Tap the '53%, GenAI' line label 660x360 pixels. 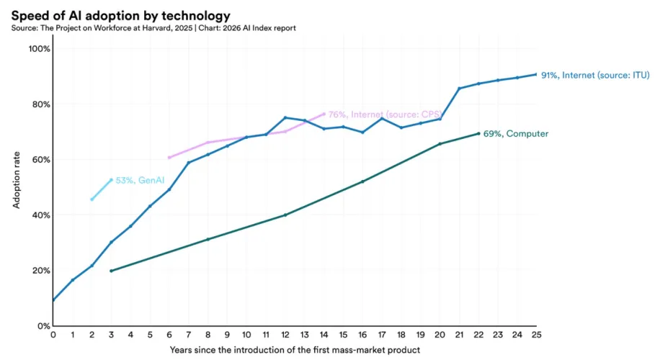(135, 180)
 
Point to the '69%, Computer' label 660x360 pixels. (518, 133)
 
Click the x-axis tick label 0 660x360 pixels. (53, 335)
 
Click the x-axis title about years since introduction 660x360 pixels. (295, 350)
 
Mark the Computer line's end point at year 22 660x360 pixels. (479, 133)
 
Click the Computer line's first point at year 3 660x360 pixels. (111, 271)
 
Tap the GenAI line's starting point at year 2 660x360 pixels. (92, 199)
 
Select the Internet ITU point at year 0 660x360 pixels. (53, 300)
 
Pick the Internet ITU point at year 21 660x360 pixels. (460, 89)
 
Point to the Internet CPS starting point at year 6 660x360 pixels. (169, 157)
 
